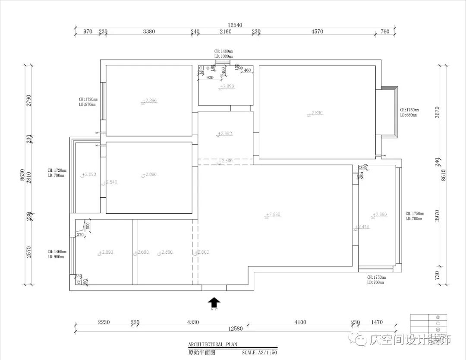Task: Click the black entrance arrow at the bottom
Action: click(x=214, y=302)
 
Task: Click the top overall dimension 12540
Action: click(x=235, y=25)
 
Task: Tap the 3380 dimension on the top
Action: click(x=149, y=32)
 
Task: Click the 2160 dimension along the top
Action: click(x=225, y=32)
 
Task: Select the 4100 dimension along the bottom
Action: click(x=300, y=322)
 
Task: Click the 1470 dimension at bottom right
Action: click(x=377, y=322)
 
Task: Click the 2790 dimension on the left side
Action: click(x=29, y=100)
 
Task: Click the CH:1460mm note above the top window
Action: click(x=224, y=51)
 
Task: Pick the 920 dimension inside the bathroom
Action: click(x=210, y=78)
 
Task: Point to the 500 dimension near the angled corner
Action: click(x=88, y=226)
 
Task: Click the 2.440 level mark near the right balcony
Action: click(x=362, y=227)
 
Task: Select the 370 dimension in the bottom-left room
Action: click(x=80, y=235)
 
